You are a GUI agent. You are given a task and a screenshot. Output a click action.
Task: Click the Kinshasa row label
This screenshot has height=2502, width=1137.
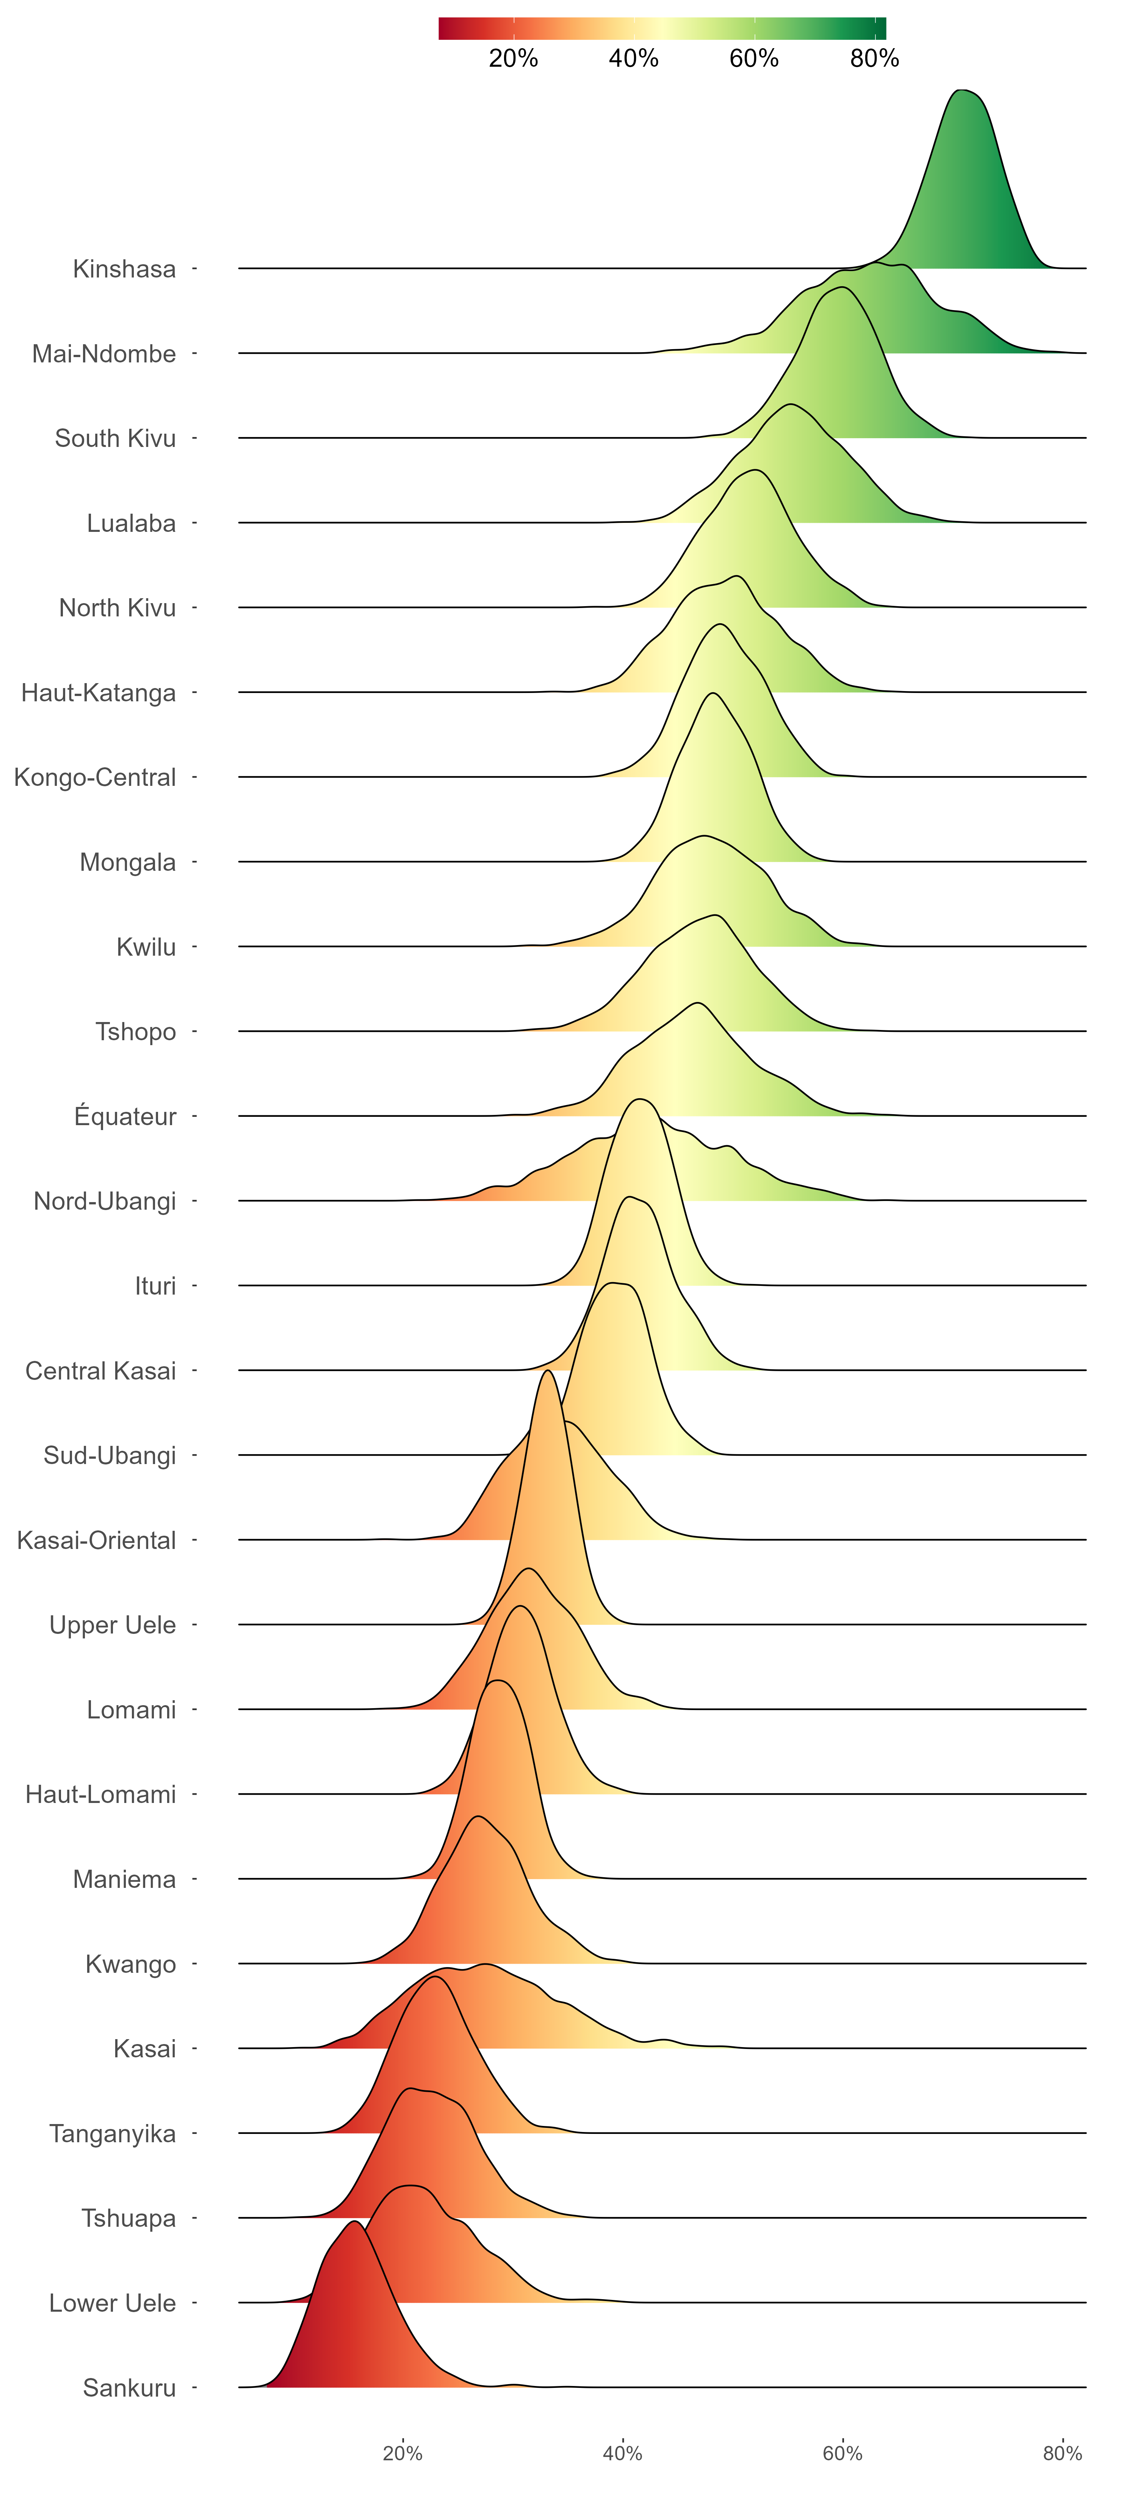tap(124, 269)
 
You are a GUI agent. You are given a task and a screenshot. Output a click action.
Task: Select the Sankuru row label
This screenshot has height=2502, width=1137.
tap(129, 2388)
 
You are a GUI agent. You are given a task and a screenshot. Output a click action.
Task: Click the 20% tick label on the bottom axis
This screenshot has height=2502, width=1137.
tap(402, 2453)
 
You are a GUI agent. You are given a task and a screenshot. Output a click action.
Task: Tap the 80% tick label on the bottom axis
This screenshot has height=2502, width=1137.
tap(1062, 2453)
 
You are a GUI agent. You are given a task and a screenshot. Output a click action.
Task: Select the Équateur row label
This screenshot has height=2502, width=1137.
tap(125, 1116)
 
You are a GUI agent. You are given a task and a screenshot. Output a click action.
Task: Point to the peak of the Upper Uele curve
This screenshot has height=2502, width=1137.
tap(548, 1370)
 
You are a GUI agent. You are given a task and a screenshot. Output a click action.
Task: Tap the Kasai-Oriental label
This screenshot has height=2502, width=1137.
tap(97, 1541)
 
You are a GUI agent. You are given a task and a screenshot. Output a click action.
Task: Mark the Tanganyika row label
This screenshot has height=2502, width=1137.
tap(113, 2134)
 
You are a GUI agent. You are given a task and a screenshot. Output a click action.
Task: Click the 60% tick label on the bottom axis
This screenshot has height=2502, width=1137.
tap(842, 2453)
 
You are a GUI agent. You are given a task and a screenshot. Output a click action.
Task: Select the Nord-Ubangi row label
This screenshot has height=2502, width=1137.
tap(105, 1201)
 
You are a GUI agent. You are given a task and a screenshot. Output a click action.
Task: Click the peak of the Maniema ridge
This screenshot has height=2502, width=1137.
tap(497, 1680)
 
